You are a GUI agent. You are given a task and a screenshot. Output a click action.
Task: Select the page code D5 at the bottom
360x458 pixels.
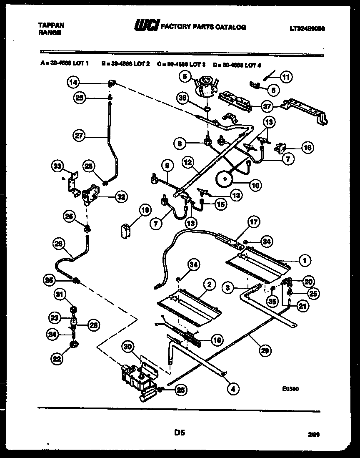coord(180,433)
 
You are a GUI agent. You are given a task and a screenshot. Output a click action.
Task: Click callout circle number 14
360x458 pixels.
coord(74,83)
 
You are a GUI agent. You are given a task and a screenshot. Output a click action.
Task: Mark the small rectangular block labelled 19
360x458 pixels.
coord(125,231)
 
